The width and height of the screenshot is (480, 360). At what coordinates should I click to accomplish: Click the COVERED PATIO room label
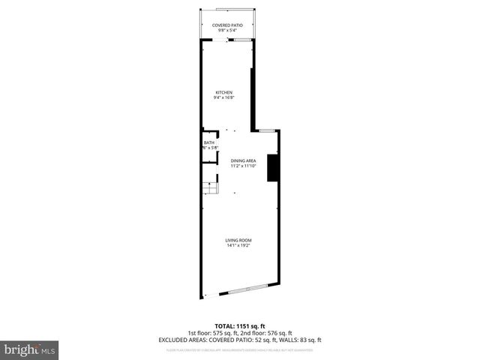coord(226,25)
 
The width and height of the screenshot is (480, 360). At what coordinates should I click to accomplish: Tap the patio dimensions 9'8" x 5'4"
coord(226,31)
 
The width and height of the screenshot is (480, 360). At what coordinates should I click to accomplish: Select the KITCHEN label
coord(225,92)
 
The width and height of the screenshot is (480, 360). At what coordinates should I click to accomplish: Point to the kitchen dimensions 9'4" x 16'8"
coord(225,97)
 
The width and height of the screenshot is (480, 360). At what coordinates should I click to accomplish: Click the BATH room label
coord(209,142)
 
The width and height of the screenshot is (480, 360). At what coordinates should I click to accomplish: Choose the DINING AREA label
coord(244,160)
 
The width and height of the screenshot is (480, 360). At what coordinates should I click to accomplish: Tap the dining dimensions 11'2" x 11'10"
coord(244,166)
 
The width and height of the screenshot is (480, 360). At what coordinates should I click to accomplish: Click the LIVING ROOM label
coord(238,240)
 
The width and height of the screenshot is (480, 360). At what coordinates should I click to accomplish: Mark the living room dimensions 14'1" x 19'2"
coord(238,245)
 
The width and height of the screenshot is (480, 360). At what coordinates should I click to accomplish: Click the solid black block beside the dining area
coord(274,167)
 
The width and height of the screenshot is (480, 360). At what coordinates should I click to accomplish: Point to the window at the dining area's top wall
coord(266,130)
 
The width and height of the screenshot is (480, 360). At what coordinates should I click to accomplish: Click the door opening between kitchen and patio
coord(226,40)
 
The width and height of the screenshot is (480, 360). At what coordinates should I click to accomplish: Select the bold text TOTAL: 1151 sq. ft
coord(239,327)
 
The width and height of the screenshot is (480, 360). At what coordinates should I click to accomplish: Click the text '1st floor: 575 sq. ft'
coord(213,333)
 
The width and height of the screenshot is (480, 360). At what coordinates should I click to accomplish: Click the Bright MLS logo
coord(30,349)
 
